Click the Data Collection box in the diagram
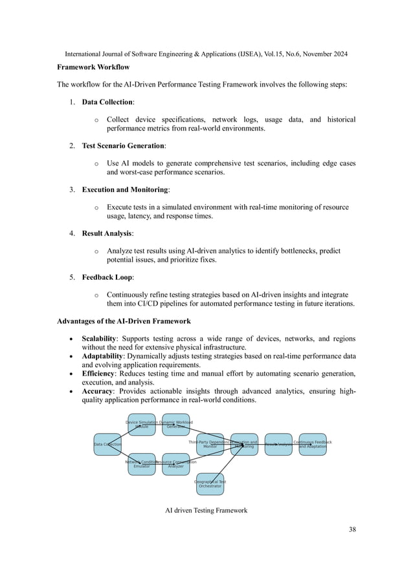(x=107, y=445)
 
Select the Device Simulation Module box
(x=142, y=425)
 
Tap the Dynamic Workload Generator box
(x=176, y=425)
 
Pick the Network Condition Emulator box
(x=142, y=464)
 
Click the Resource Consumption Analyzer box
(x=176, y=464)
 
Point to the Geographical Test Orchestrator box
(x=210, y=484)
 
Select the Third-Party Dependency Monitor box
(x=210, y=445)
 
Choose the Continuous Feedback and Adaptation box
(x=313, y=445)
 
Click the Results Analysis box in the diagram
(x=278, y=445)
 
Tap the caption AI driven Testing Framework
(x=206, y=511)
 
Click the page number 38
(x=352, y=530)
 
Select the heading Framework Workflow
(x=93, y=67)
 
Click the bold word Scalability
(x=99, y=339)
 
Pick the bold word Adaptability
(x=102, y=356)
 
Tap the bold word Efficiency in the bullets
(x=98, y=374)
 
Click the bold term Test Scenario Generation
(x=123, y=146)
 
